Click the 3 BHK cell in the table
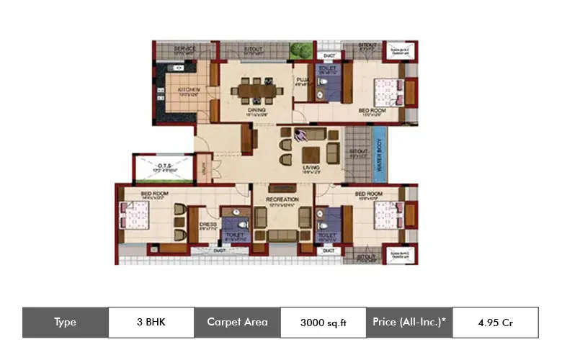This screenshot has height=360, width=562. tap(151, 323)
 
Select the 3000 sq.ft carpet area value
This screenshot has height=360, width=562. tap(324, 323)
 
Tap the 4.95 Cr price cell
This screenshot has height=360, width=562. tap(495, 323)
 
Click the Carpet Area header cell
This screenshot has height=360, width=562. tap(237, 323)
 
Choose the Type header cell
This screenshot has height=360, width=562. tap(65, 323)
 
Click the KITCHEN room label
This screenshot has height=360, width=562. tap(188, 90)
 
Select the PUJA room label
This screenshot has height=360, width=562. tap(300, 80)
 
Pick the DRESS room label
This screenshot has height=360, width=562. tap(208, 224)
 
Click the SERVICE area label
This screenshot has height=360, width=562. tap(185, 49)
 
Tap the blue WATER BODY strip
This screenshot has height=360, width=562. tap(379, 155)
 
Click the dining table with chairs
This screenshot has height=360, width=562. tap(257, 91)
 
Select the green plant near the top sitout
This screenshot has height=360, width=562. tap(297, 50)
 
